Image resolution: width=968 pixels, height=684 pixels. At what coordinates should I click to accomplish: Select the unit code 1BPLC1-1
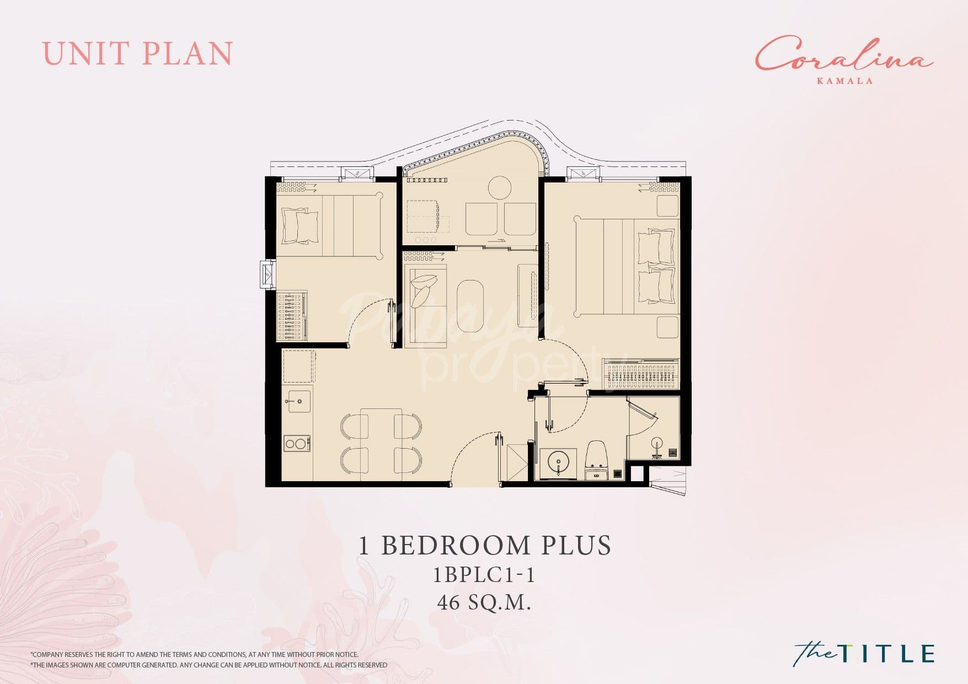click(484, 575)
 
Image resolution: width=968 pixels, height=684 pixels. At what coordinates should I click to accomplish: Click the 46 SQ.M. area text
click(484, 602)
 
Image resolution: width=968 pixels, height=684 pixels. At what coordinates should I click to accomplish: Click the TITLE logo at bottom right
click(864, 653)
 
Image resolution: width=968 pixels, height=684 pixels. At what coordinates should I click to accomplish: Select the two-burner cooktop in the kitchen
click(297, 443)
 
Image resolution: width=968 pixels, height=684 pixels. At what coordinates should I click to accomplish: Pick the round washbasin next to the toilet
click(558, 461)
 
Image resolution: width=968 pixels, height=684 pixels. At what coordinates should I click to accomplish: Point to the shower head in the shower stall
click(657, 443)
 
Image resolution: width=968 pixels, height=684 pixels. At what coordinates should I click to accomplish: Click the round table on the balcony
click(500, 188)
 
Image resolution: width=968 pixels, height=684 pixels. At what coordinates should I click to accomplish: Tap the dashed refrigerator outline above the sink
click(299, 366)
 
